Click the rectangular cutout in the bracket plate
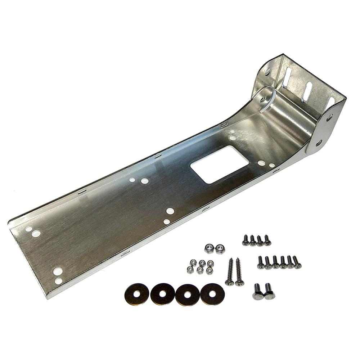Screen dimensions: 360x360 pos(219,165)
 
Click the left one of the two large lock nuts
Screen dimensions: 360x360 pos(209,248)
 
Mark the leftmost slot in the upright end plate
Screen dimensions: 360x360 pos(287,77)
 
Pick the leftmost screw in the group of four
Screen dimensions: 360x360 pos(246,240)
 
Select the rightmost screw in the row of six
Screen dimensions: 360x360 pos(297,262)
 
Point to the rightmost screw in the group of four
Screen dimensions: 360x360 pos(267,240)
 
